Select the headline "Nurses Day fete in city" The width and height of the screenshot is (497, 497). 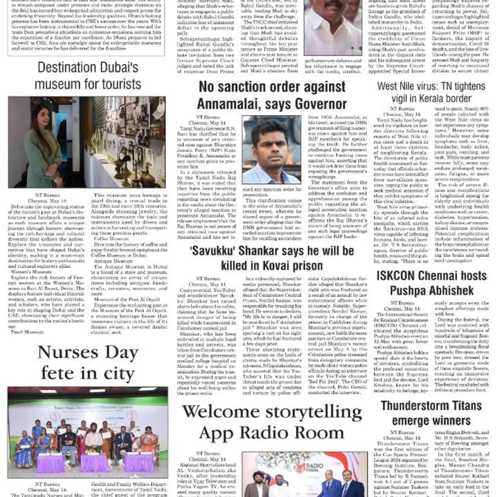tap(87, 363)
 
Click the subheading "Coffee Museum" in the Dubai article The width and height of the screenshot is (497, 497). tap(108, 239)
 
